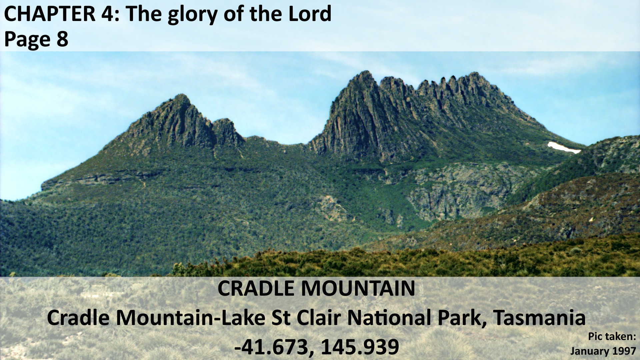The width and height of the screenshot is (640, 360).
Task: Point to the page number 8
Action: pos(62,39)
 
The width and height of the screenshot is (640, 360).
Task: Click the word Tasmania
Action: pos(539,317)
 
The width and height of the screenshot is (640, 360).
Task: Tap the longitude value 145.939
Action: pos(360,347)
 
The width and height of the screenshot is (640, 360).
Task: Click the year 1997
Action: pos(624,351)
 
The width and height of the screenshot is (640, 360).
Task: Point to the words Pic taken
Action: pos(612,337)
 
